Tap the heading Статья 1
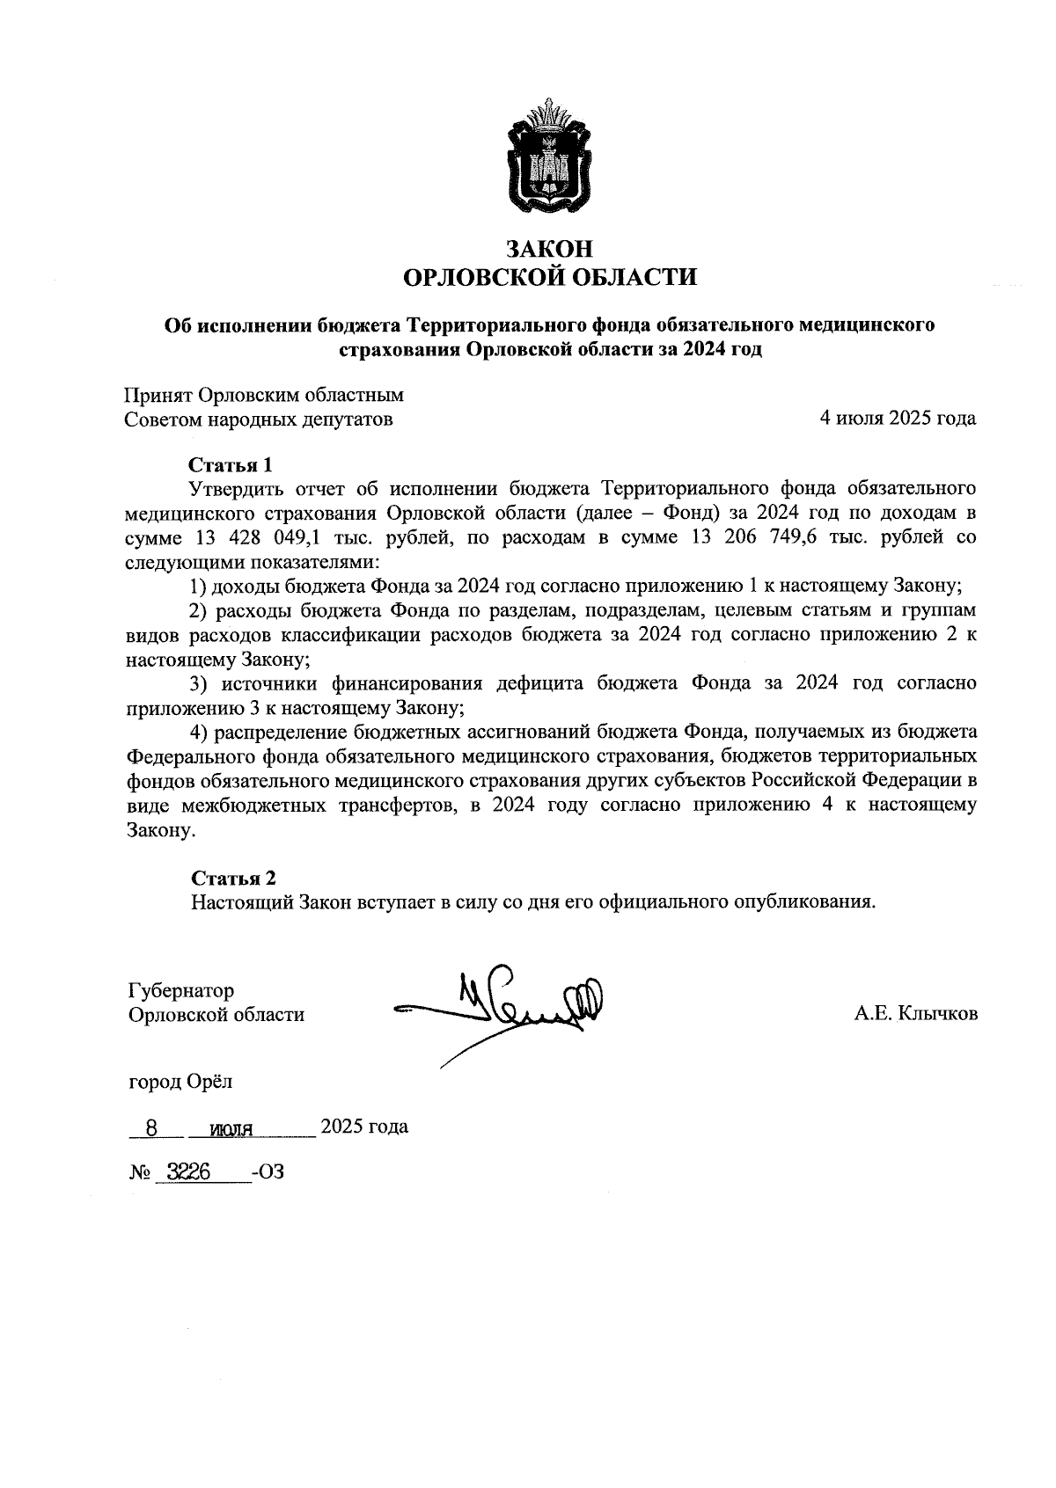pyautogui.click(x=232, y=464)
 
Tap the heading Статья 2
pyautogui.click(x=234, y=878)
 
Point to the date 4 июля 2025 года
pyautogui.click(x=898, y=419)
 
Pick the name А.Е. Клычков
pyautogui.click(x=915, y=1015)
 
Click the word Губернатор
pyautogui.click(x=181, y=990)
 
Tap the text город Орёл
pyautogui.click(x=180, y=1082)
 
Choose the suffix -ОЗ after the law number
pyautogui.click(x=268, y=1172)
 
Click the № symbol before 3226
pyautogui.click(x=140, y=1172)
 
